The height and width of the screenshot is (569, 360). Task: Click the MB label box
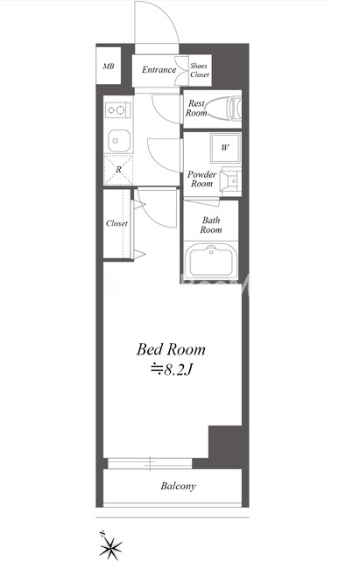109,66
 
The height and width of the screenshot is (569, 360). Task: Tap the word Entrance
159,70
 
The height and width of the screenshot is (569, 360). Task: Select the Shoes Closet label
200,70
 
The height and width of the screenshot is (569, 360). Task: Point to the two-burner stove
117,110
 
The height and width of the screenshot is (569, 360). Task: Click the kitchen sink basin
118,140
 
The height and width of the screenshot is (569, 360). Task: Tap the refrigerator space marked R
118,170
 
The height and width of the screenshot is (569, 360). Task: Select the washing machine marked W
225,148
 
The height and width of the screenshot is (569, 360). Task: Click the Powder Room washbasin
231,180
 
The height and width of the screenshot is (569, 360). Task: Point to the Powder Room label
201,179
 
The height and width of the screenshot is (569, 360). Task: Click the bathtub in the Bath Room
211,261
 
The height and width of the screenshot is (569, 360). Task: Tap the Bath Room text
211,225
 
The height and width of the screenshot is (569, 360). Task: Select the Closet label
117,223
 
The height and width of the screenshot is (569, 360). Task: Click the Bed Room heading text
171,349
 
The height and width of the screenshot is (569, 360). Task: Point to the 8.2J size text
171,369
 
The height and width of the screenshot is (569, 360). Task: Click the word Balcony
178,486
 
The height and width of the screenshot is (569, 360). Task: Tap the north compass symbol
109,545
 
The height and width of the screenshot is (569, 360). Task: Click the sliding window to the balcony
150,463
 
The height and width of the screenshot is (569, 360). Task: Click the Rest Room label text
196,109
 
